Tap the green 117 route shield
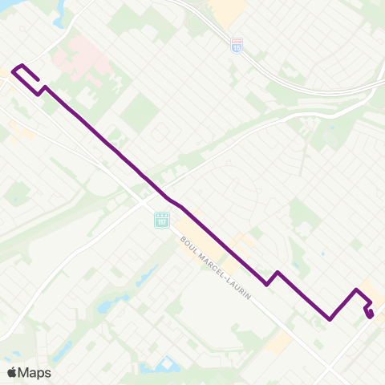pos(161,219)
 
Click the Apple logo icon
pos(11,372)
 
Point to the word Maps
pos(35,372)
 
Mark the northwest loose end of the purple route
pos(38,81)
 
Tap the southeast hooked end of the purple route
pos(371,315)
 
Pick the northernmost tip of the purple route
pos(22,64)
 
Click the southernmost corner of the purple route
pos(330,319)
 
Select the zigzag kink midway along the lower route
pos(272,278)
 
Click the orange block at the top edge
pos(229,7)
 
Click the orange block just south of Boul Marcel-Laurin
pos(281,342)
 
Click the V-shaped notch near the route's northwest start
pos(39,92)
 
